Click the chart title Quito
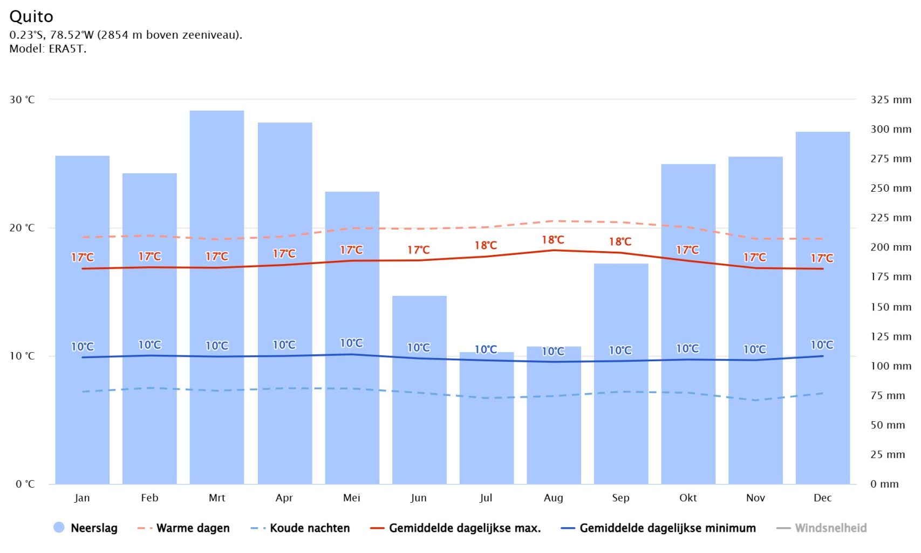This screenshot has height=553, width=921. click(31, 16)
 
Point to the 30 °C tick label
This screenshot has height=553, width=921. click(22, 99)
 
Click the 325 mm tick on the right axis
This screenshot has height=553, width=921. click(890, 99)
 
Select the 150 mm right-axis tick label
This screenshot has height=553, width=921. click(890, 307)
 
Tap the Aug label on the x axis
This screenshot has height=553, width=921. click(553, 498)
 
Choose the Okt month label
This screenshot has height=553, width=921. click(688, 498)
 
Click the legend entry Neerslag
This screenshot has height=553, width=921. click(86, 528)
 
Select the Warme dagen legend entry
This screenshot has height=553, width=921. click(184, 528)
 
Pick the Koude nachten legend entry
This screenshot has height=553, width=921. click(301, 528)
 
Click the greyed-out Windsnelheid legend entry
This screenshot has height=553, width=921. click(822, 528)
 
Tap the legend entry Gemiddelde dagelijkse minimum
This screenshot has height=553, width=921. click(659, 528)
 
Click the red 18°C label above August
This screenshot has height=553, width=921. click(553, 240)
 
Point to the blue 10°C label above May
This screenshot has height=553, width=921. click(351, 343)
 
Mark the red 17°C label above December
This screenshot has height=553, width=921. click(822, 258)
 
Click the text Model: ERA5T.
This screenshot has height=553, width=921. click(48, 49)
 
